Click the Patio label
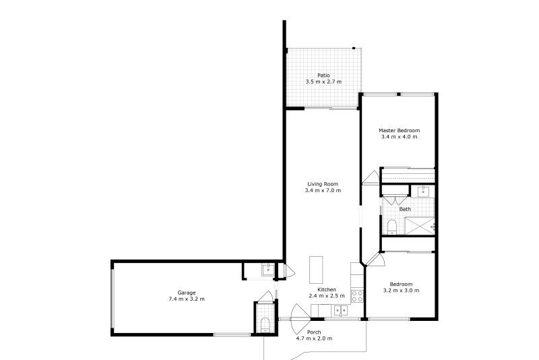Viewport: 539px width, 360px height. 323,75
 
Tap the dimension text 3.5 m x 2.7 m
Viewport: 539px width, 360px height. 323,82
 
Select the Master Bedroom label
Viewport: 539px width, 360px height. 400,130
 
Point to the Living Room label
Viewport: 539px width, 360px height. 323,183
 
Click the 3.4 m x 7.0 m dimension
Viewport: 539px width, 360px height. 323,190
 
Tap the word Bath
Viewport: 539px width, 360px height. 405,209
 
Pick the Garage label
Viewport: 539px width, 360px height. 187,293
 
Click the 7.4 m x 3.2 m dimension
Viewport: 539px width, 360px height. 187,299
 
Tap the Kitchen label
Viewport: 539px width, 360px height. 327,289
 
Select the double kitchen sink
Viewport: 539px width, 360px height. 340,310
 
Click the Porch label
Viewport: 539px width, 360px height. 314,332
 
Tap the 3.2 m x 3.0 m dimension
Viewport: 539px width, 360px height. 402,291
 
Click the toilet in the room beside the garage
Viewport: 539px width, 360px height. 265,326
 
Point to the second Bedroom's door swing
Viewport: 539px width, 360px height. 375,262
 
